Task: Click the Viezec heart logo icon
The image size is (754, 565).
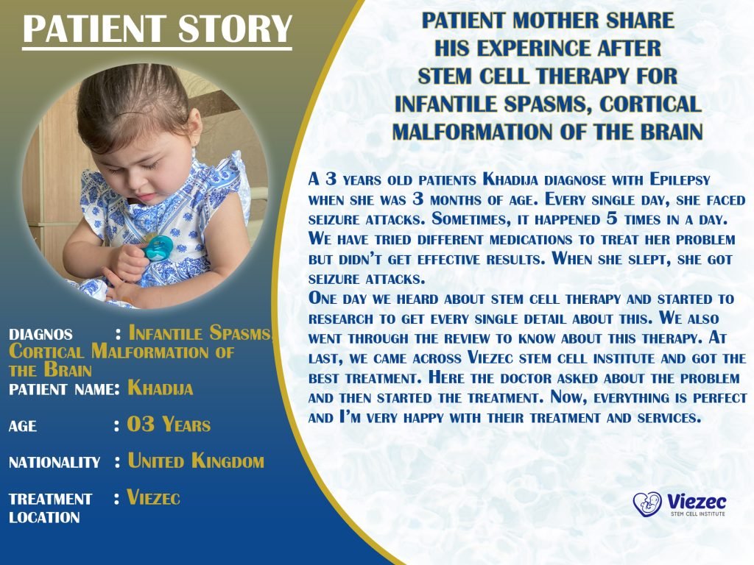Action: [x=647, y=503]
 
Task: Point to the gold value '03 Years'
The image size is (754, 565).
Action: [x=169, y=424]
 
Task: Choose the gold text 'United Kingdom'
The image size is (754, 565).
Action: [x=195, y=461]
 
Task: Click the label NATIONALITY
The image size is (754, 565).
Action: [x=54, y=463]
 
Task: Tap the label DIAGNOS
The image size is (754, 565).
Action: [x=40, y=334]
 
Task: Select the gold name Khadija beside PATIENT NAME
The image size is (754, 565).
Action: [x=160, y=388]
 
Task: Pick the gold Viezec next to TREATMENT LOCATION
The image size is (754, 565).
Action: [x=154, y=497]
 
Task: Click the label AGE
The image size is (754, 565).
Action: [x=23, y=426]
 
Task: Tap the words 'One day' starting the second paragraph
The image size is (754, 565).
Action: [x=340, y=299]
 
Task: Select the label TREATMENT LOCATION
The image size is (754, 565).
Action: [x=50, y=508]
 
